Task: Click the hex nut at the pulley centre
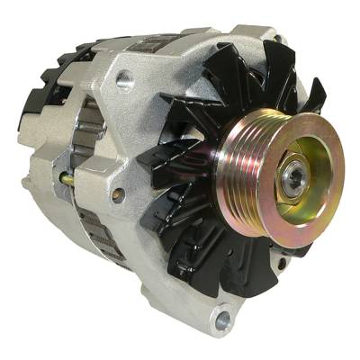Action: (293, 175)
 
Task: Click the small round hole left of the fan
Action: (117, 193)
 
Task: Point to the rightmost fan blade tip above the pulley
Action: (315, 90)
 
